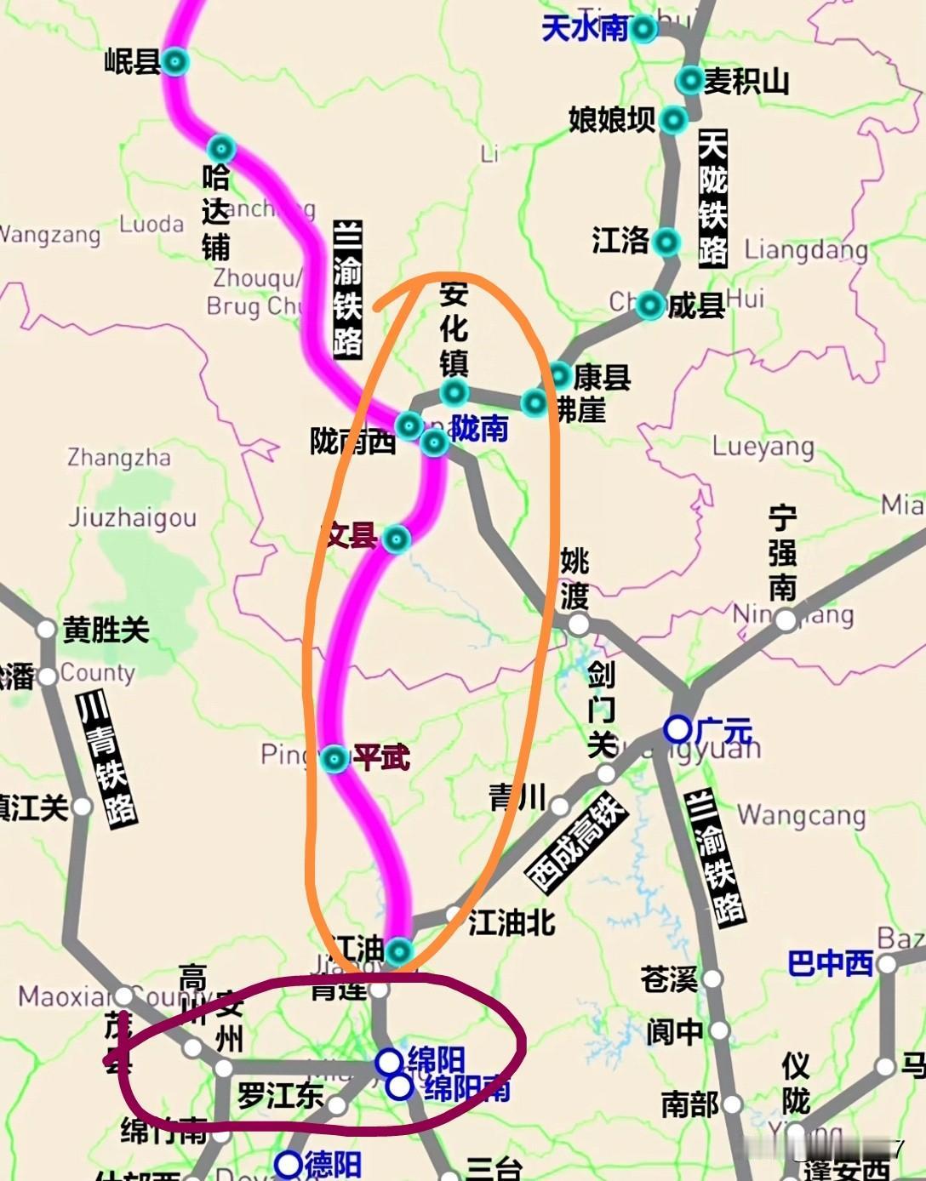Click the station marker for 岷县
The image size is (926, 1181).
[x=175, y=61]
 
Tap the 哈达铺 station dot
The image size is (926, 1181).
[x=221, y=147]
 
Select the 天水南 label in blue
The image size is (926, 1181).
[x=585, y=28]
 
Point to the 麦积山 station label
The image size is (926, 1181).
[x=746, y=82]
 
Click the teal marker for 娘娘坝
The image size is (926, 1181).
[x=673, y=120]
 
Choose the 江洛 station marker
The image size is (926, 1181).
[x=666, y=242]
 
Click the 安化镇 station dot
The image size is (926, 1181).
[x=454, y=392]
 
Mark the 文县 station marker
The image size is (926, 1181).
[x=397, y=538]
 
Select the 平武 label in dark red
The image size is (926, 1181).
[x=381, y=756]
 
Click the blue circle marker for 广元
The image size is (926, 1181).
[x=677, y=729]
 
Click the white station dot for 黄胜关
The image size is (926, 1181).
[x=46, y=630]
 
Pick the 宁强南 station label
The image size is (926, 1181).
[x=782, y=553]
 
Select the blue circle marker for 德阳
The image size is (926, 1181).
[x=289, y=1163]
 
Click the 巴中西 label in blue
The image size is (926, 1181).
[x=830, y=963]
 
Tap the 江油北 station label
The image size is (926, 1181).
[x=512, y=922]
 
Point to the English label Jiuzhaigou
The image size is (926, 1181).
[x=132, y=517]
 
